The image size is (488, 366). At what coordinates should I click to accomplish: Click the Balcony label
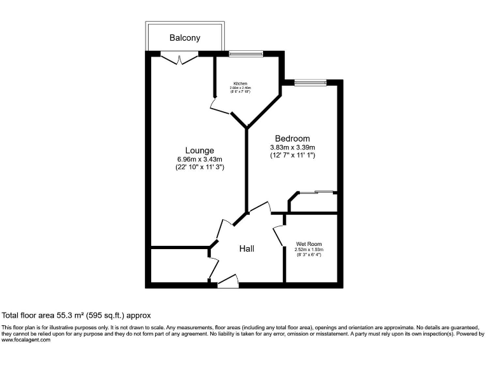[184, 38]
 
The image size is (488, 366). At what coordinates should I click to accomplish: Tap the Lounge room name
[200, 151]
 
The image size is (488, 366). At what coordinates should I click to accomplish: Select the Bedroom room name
[292, 139]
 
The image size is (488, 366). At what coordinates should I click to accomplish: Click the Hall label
[247, 249]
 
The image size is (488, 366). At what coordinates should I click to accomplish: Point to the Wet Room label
[309, 244]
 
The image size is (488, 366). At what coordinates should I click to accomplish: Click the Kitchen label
[240, 84]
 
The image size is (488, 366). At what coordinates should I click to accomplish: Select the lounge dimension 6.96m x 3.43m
[200, 159]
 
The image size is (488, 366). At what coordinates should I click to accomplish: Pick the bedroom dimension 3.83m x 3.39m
[292, 147]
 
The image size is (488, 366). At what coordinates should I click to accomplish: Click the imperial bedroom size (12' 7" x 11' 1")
[292, 156]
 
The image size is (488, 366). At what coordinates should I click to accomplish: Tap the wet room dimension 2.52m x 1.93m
[309, 250]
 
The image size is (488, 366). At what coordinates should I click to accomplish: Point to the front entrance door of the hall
[227, 280]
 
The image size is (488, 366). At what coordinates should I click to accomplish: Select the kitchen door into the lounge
[219, 108]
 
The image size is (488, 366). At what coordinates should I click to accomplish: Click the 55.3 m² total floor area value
[66, 315]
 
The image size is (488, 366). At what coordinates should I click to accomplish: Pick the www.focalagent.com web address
[26, 340]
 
